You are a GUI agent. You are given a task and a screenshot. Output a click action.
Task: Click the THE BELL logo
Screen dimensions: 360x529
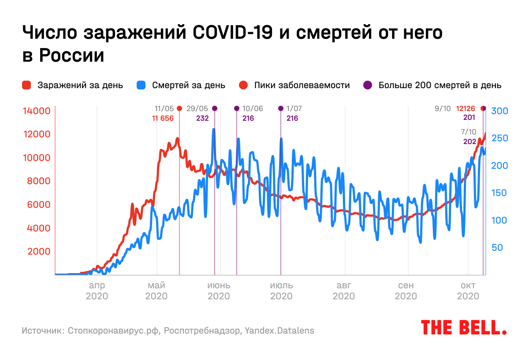[464, 327]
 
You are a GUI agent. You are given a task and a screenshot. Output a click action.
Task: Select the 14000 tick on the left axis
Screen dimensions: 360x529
[37, 111]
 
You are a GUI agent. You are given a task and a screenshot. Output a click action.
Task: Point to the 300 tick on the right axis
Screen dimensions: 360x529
[500, 111]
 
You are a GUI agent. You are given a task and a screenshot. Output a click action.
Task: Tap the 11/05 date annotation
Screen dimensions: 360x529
[164, 108]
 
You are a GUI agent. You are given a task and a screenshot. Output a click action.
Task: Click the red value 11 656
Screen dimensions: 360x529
[163, 118]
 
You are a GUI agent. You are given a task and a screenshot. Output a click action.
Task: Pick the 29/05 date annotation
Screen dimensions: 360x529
[197, 108]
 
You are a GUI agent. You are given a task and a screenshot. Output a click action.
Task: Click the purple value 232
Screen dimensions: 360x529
[203, 118]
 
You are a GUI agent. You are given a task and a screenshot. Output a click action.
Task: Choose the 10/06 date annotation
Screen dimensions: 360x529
[253, 108]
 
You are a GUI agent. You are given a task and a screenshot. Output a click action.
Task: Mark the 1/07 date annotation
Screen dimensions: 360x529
[294, 108]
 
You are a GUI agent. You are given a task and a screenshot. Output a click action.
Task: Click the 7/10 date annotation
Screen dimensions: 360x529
[469, 132]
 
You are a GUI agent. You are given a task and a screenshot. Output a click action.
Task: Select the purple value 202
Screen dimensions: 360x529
[470, 141]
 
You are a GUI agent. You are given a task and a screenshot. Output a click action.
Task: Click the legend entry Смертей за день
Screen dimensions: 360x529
[188, 85]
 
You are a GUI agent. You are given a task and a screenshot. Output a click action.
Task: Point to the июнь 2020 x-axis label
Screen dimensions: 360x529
[219, 290]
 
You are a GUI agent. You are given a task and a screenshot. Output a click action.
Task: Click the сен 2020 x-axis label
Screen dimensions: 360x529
[406, 290]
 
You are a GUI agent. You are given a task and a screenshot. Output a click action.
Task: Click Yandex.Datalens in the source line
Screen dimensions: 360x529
[279, 330]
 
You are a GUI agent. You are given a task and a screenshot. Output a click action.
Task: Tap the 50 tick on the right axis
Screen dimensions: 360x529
[497, 248]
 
